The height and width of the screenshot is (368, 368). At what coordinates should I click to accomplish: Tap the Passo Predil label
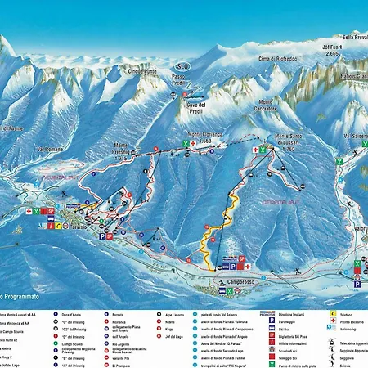point(182,79)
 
